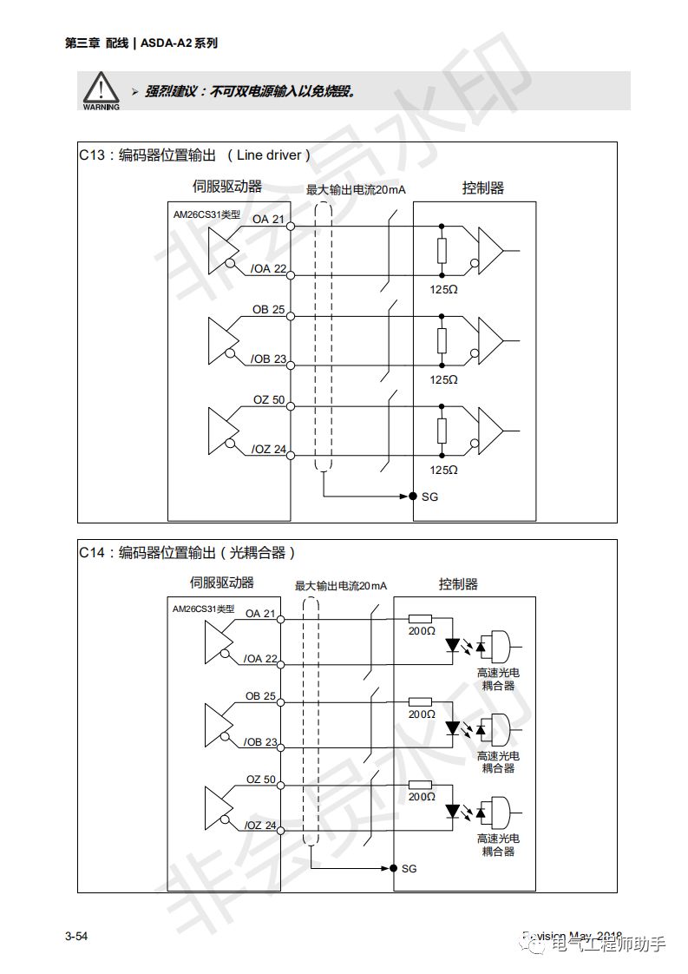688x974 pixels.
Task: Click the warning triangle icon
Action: click(102, 88)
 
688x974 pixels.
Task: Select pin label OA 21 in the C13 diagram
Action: click(268, 220)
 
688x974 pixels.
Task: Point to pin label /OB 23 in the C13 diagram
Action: click(267, 359)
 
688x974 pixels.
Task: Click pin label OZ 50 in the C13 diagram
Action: click(268, 399)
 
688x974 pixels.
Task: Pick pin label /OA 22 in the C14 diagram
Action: click(260, 659)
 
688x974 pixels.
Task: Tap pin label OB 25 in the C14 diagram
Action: click(260, 696)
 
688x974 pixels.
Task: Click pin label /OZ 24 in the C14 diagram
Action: click(260, 825)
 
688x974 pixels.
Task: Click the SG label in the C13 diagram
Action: click(429, 497)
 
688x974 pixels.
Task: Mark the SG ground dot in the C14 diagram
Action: click(393, 867)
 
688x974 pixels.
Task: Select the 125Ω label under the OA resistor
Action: click(443, 289)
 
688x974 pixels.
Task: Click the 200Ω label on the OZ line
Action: click(422, 796)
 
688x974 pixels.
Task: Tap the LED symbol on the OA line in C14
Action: click(452, 645)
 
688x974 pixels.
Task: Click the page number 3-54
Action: click(76, 936)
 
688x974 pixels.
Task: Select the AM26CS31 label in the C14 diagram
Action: click(203, 609)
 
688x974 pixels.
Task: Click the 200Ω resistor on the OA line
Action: click(421, 619)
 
